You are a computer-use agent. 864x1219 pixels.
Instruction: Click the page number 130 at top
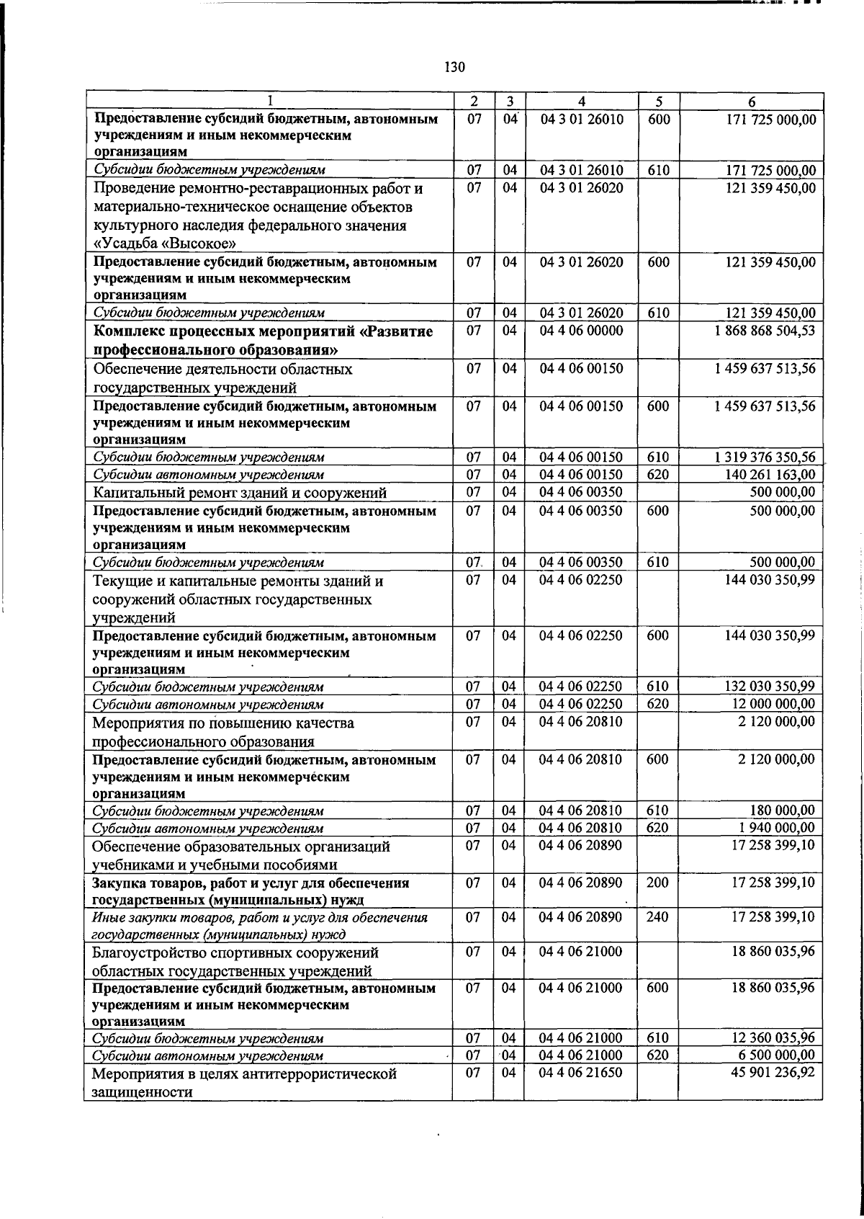[455, 68]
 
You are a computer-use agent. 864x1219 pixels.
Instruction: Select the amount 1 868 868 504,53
[765, 331]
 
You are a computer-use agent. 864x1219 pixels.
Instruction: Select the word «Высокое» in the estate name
[192, 244]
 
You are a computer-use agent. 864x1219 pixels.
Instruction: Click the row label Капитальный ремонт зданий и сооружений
[240, 493]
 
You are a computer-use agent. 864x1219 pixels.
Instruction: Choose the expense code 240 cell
[657, 917]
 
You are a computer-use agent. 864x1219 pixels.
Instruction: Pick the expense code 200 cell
[657, 883]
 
